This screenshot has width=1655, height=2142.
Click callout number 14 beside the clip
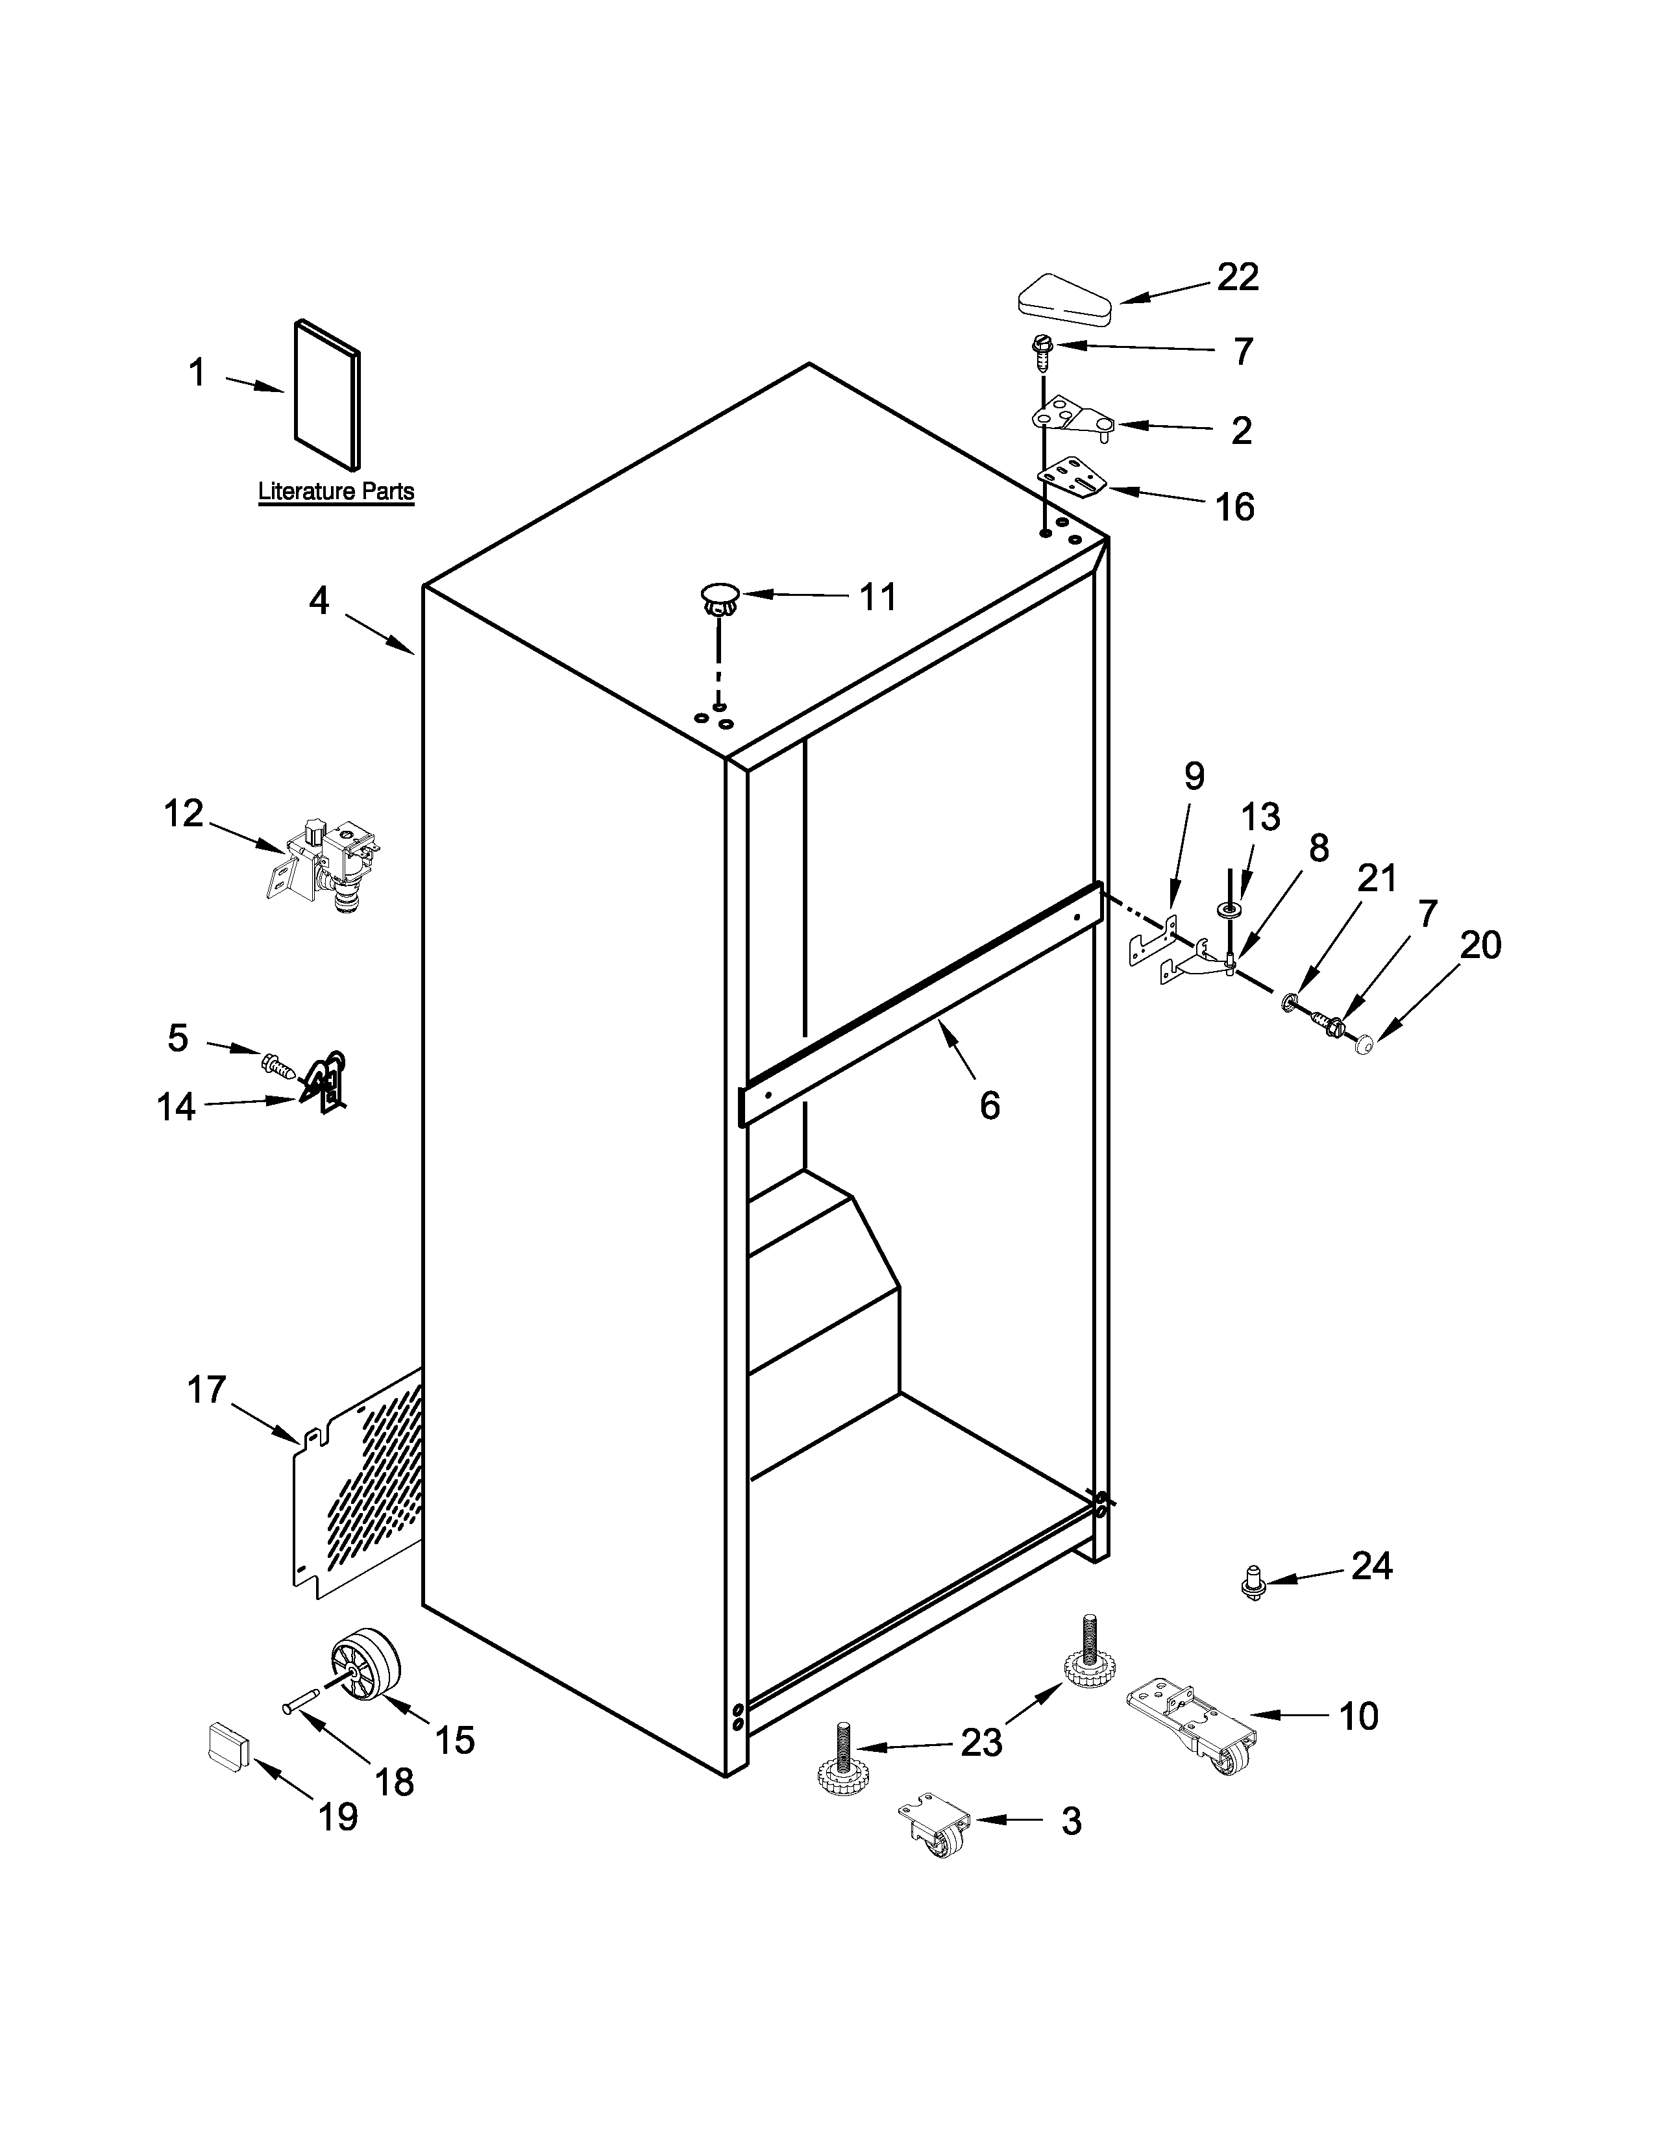point(177,1107)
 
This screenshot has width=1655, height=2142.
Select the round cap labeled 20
point(1364,1048)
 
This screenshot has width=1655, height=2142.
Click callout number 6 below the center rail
point(989,1105)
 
